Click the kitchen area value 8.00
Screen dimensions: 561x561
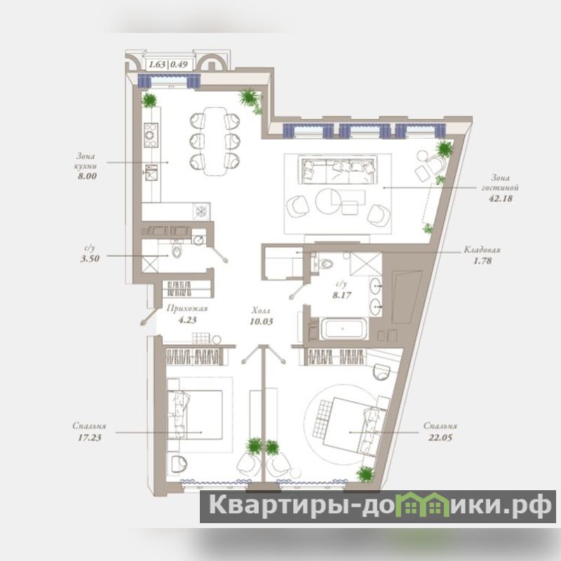tap(87, 176)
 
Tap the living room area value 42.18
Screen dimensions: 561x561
tap(501, 198)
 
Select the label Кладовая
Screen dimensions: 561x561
tap(482, 250)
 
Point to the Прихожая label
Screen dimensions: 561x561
tap(187, 309)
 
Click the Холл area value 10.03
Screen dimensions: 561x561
tap(261, 321)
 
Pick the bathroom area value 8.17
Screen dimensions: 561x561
tap(342, 295)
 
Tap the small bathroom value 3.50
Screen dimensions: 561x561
tap(90, 259)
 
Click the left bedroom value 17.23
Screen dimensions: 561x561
tap(90, 437)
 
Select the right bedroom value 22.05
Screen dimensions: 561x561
tap(440, 437)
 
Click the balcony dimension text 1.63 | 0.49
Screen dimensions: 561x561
tap(168, 65)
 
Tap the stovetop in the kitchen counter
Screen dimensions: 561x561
tap(151, 135)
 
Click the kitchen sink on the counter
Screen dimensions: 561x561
tap(151, 172)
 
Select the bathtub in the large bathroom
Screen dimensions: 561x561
tap(343, 329)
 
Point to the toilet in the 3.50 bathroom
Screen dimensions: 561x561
tap(177, 250)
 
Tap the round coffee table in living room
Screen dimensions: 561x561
tap(328, 201)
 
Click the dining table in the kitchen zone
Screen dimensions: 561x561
tap(215, 142)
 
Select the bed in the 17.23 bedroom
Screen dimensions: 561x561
tap(195, 414)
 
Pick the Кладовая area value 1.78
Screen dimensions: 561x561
tap(482, 261)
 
